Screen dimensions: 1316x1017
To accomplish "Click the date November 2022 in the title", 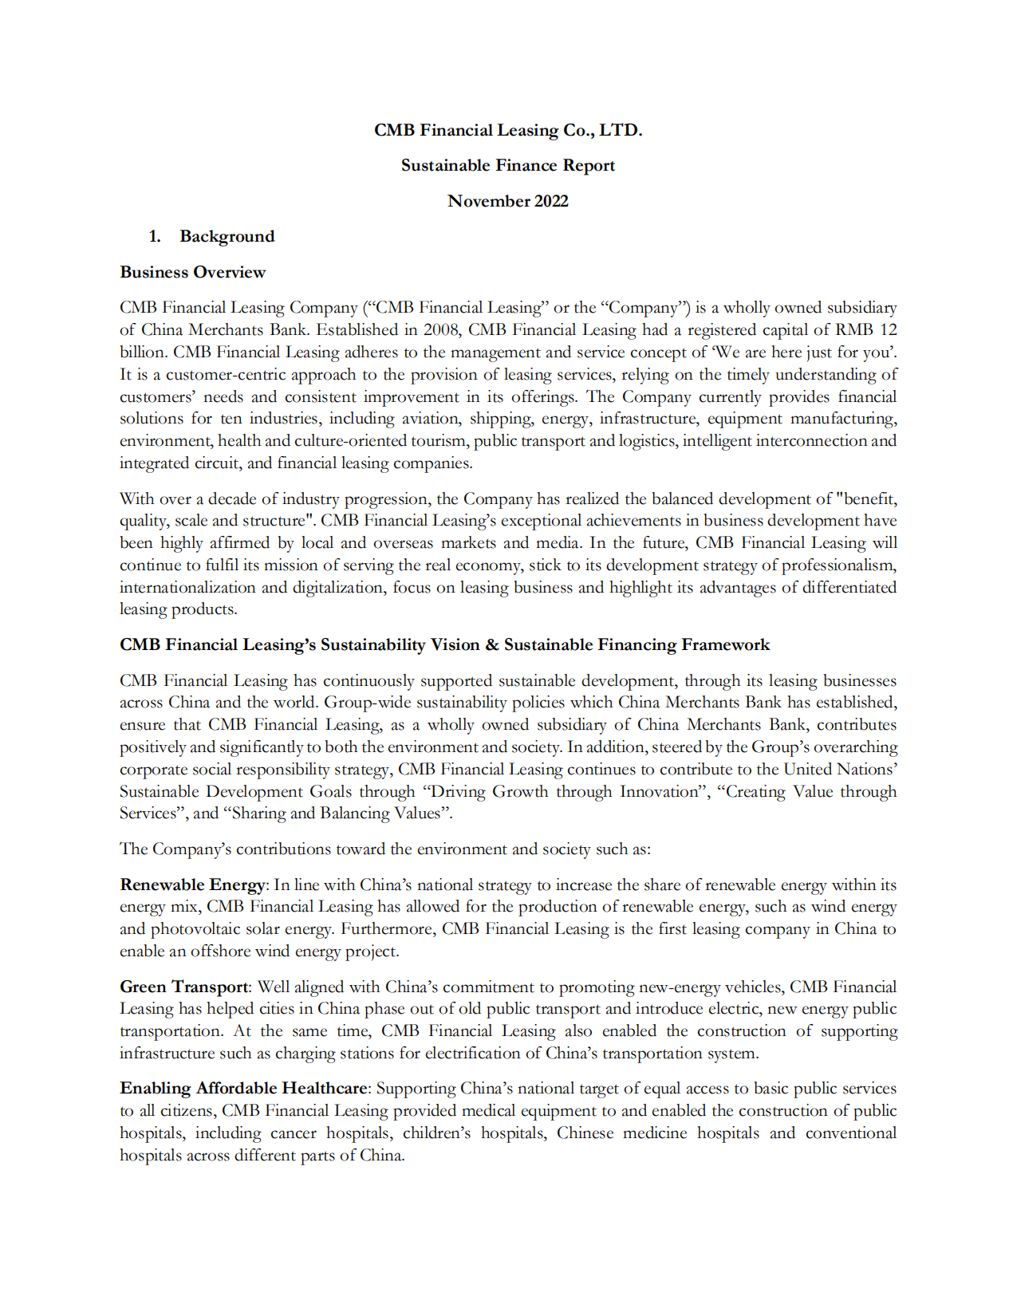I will click(x=507, y=201).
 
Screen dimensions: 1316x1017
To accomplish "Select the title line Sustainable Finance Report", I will click(x=507, y=166).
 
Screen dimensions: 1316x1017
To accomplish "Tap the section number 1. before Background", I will click(x=155, y=237).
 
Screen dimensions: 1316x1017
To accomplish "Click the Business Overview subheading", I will click(x=192, y=272).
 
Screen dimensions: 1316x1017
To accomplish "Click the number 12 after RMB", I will click(x=888, y=330).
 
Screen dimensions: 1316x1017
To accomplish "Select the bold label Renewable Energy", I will click(x=192, y=885).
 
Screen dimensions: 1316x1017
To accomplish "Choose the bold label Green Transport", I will click(x=184, y=987).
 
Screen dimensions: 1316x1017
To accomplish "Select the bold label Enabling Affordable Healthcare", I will click(x=244, y=1089).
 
